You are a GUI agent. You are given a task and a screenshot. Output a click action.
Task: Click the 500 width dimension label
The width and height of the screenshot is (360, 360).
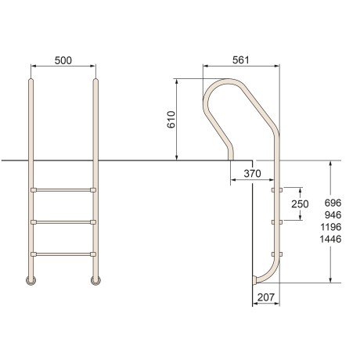(63, 60)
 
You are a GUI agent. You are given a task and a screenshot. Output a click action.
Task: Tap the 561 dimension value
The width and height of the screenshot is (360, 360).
(241, 60)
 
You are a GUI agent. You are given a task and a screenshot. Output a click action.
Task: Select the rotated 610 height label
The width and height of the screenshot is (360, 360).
(171, 120)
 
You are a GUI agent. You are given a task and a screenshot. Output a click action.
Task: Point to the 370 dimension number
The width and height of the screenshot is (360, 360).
(252, 174)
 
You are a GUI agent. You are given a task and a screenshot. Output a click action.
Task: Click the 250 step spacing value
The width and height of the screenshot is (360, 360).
(300, 204)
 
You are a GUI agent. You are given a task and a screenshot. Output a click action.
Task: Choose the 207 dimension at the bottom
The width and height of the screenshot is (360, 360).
(266, 297)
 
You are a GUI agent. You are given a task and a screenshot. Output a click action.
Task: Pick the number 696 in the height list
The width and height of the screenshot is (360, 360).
(333, 203)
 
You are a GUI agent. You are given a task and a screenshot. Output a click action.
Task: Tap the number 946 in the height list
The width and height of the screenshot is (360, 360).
(333, 215)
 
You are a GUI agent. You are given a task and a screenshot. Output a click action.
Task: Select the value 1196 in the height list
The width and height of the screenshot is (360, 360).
(331, 227)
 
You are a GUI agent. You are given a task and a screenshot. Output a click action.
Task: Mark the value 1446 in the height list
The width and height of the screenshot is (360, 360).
(331, 239)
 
